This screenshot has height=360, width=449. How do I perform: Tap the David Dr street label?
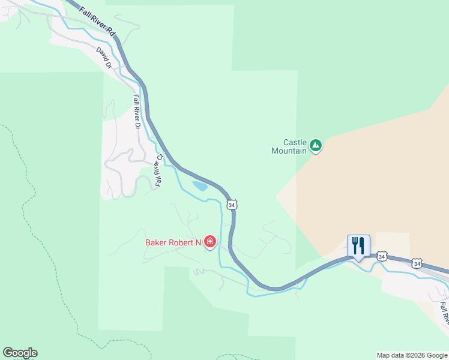[x=104, y=58]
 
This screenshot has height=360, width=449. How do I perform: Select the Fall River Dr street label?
[x=137, y=112]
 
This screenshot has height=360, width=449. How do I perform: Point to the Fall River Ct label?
[x=159, y=170]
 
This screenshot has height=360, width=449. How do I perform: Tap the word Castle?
[x=295, y=142]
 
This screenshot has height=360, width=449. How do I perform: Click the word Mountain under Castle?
[x=289, y=151]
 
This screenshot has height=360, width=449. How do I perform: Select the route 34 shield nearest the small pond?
[x=232, y=205]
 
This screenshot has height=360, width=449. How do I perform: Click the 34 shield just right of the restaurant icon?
[x=382, y=256]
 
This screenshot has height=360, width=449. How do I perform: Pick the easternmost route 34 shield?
[x=417, y=263]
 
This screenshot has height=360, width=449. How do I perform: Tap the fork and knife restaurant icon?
[x=358, y=245]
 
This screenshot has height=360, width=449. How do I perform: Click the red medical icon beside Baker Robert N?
[x=210, y=242]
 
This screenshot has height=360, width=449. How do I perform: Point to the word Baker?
[x=157, y=243]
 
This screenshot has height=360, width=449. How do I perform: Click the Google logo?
[x=20, y=353]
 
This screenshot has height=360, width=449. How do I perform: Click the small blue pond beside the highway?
[x=200, y=186]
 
